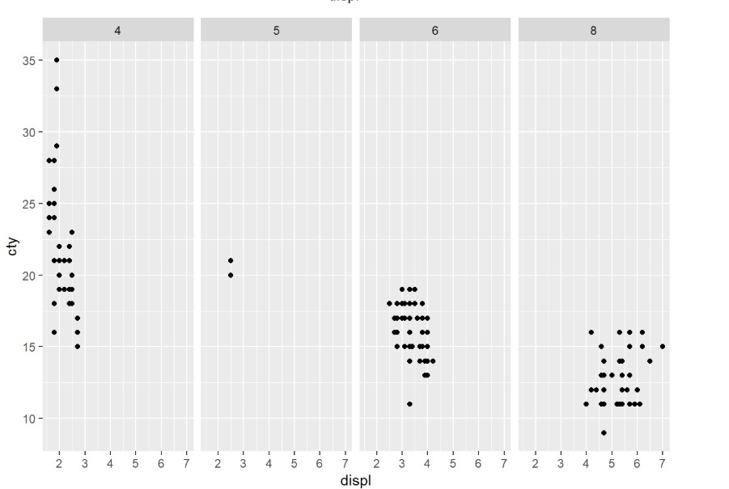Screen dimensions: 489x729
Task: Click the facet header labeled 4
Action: click(x=118, y=31)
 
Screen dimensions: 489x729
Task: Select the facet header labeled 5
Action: click(x=277, y=31)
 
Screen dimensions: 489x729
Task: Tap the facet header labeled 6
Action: click(x=435, y=31)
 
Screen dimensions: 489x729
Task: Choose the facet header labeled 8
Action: click(x=594, y=31)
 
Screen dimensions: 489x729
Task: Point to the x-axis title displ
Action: click(x=356, y=480)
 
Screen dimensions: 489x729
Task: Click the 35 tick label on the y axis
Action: click(x=27, y=61)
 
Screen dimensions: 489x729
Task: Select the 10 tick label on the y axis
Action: click(x=27, y=418)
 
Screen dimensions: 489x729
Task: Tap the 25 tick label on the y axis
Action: click(x=27, y=204)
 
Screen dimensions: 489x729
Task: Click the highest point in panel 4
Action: click(x=57, y=60)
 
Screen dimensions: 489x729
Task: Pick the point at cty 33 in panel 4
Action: click(x=57, y=89)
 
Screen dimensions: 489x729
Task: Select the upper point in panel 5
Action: click(x=231, y=260)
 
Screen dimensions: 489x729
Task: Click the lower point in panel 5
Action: click(x=231, y=275)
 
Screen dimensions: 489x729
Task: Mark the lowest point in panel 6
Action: click(x=409, y=403)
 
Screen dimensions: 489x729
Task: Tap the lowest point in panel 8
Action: click(x=604, y=432)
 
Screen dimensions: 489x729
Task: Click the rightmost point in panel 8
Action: click(x=662, y=346)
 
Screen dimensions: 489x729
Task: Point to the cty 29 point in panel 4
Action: click(x=57, y=145)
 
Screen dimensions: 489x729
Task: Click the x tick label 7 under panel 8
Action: click(x=662, y=463)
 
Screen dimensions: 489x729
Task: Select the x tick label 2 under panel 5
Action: click(x=218, y=463)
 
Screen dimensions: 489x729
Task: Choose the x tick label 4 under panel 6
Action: click(x=427, y=463)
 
